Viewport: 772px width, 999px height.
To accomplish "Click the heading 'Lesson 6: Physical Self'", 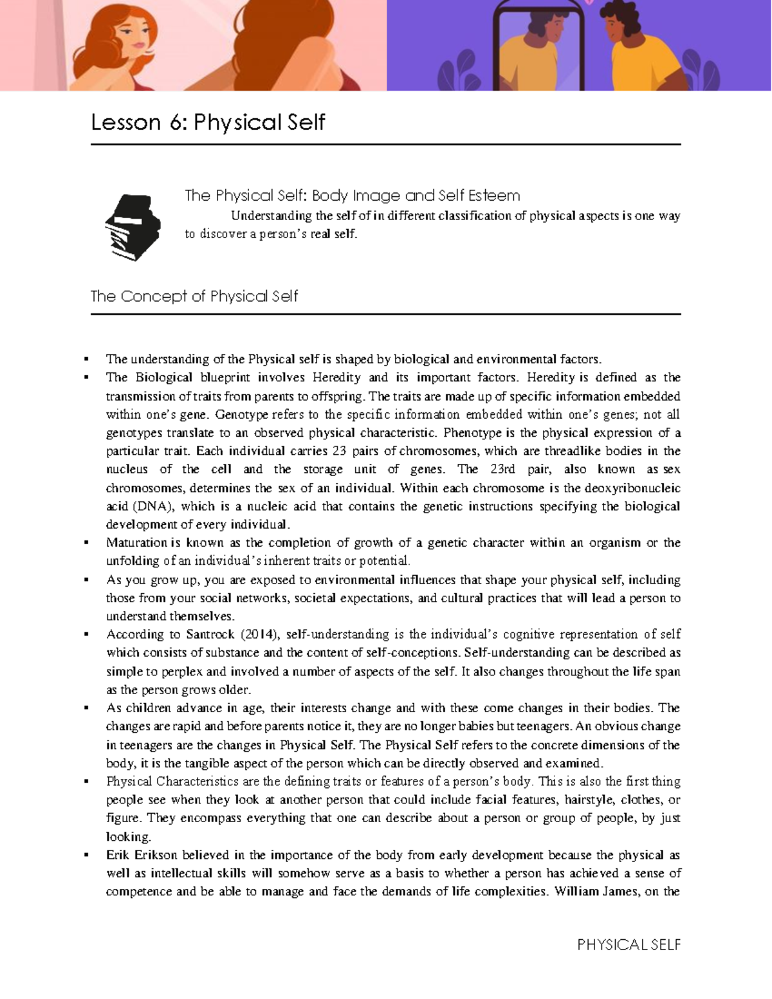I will coord(208,122).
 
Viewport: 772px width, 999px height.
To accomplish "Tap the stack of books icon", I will coord(133,227).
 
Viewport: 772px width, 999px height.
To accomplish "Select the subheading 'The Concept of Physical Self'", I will coord(194,297).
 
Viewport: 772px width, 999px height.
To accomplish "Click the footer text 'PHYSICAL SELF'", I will coord(629,944).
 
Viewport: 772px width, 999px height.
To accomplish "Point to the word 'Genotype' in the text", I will coord(242,415).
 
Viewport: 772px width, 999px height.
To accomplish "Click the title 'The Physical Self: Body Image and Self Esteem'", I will coord(352,196).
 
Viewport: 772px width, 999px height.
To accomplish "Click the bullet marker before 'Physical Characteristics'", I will coord(86,782).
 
